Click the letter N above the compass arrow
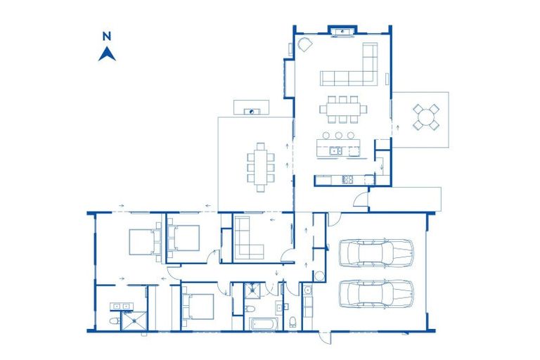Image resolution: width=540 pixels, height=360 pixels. coord(107,36)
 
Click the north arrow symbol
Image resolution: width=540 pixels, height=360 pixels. coord(107,53)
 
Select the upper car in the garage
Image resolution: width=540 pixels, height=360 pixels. coord(375,253)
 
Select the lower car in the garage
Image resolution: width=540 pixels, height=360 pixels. coord(375,293)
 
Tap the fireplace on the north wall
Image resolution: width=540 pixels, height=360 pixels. coord(342,30)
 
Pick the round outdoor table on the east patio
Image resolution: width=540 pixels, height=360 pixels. coord(425,117)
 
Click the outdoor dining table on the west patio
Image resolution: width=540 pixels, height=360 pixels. coord(260,167)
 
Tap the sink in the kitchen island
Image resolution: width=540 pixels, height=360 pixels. coord(335,150)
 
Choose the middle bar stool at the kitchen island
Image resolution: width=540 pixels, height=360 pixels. coord(339,134)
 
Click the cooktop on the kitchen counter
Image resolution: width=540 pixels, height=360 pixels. coord(347,180)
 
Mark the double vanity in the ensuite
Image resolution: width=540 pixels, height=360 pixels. coord(120,307)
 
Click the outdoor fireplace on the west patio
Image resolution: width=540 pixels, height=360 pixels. coord(251,110)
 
